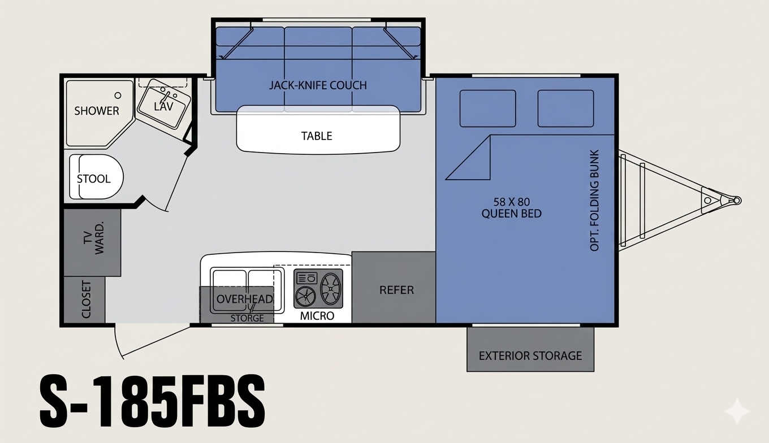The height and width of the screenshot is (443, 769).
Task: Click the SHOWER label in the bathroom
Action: (97, 111)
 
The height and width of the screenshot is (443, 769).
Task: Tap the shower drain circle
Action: (118, 96)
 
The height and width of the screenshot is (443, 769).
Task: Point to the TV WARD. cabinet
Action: (92, 242)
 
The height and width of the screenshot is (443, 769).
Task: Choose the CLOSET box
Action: (85, 299)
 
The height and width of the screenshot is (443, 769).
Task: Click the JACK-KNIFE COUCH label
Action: (318, 85)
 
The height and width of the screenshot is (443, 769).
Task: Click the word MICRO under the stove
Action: (317, 316)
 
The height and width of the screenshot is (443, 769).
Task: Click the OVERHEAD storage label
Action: (244, 299)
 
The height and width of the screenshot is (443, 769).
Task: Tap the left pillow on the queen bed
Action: (487, 108)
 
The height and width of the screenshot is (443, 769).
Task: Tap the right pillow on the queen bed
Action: (565, 108)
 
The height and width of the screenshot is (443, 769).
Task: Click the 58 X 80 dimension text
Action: (511, 201)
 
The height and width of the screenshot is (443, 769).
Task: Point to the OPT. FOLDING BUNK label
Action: (594, 201)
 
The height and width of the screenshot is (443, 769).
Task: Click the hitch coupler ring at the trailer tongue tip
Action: (736, 201)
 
